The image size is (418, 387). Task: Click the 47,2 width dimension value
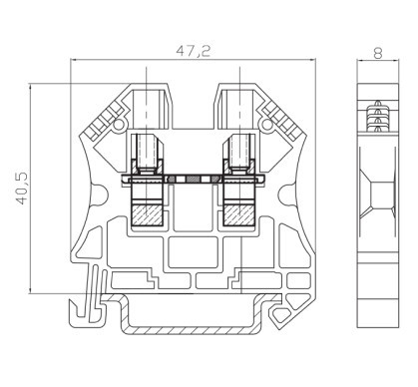(x=194, y=51)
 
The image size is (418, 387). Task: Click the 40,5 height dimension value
(x=23, y=189)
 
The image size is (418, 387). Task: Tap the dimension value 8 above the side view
(x=378, y=53)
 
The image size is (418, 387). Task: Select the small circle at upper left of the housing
(x=118, y=125)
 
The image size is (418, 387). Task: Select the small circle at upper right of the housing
(x=267, y=125)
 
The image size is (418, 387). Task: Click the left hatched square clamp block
(x=148, y=215)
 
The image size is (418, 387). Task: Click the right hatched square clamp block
(x=238, y=215)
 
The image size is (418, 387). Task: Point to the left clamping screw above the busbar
(x=148, y=154)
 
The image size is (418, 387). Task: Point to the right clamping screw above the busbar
(x=238, y=154)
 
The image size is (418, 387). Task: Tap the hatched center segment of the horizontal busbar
(x=193, y=180)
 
